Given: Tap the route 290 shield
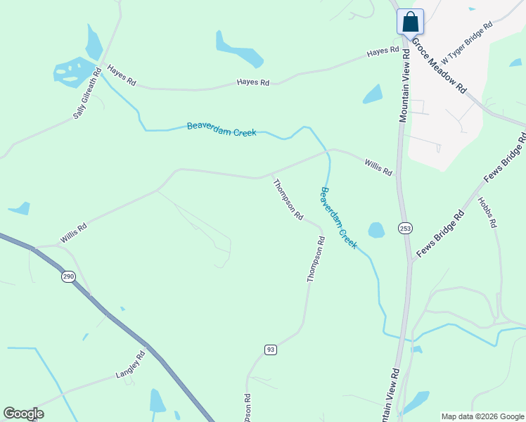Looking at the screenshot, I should [x=68, y=277].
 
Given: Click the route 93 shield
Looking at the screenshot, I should [x=270, y=350].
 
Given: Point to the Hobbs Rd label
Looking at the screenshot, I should [x=487, y=212].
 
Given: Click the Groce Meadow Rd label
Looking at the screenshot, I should [x=439, y=66].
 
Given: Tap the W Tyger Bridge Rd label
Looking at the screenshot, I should [x=466, y=33].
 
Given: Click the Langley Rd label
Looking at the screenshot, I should [x=130, y=366].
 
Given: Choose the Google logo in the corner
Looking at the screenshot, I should [x=23, y=414].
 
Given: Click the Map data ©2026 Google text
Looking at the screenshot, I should [x=482, y=416].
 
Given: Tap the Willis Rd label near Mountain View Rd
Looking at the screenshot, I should [x=378, y=167].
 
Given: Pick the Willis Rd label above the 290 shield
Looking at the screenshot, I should [x=73, y=234].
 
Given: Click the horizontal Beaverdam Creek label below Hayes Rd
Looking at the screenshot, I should [x=222, y=129].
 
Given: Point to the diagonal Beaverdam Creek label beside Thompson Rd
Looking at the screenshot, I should [x=339, y=218].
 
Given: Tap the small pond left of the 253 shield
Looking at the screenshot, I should [x=376, y=230].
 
